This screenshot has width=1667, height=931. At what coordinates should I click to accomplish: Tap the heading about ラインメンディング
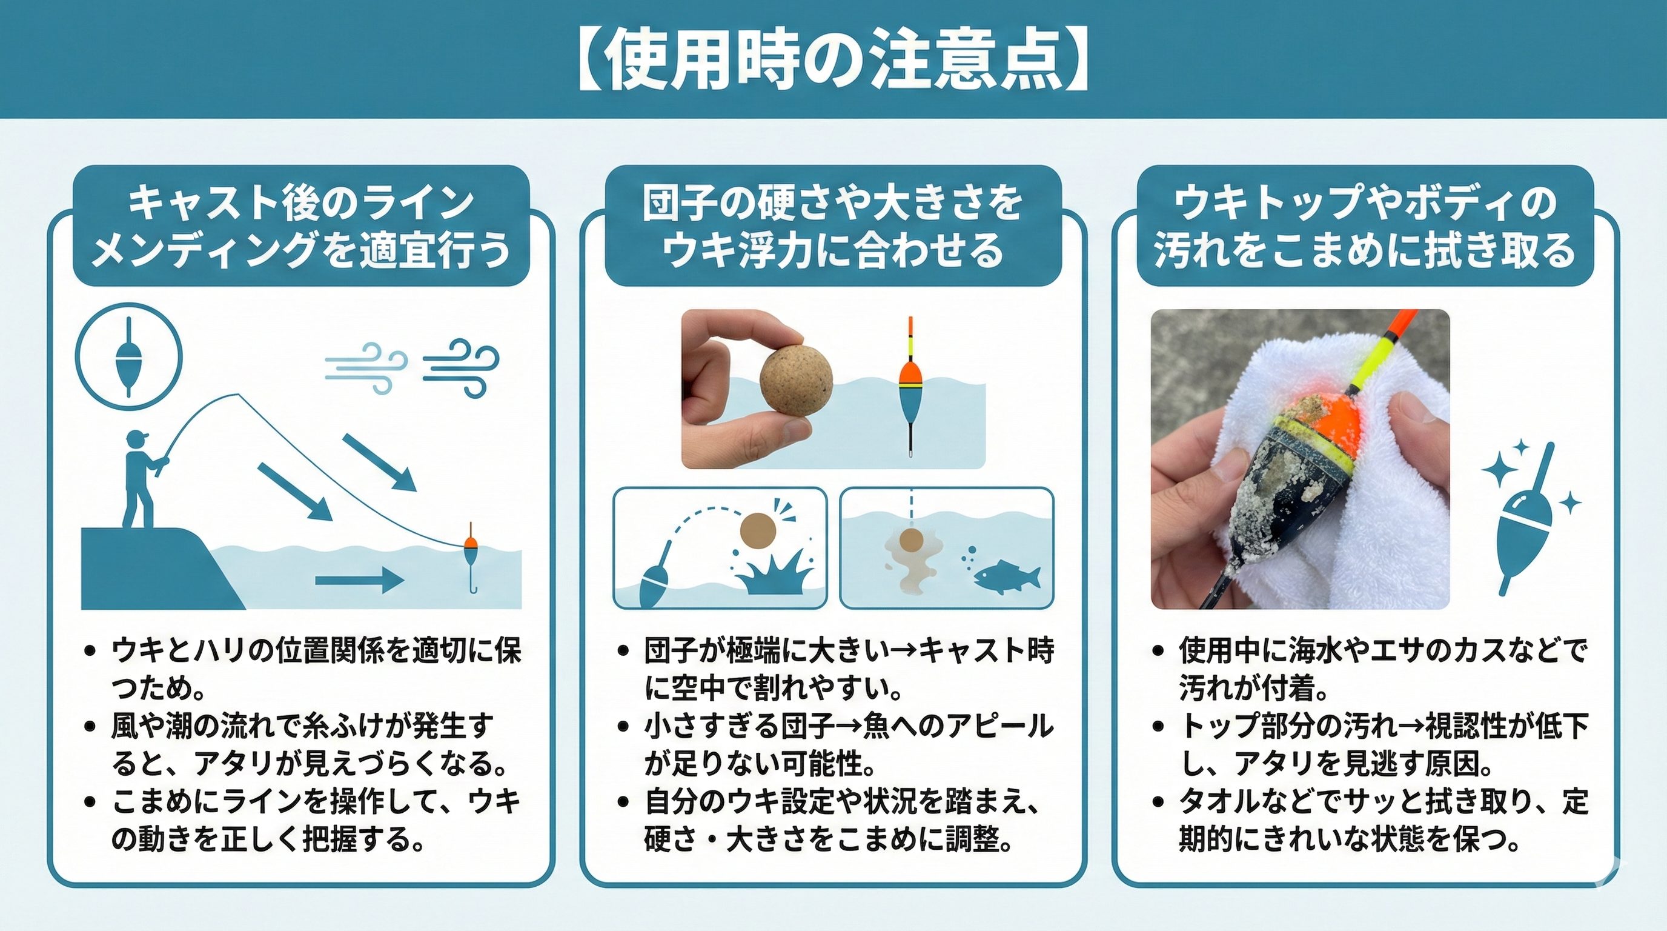(302, 226)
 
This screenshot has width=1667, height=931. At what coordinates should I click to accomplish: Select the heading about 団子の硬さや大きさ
(834, 226)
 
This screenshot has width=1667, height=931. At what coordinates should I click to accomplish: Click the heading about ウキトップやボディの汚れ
(1365, 226)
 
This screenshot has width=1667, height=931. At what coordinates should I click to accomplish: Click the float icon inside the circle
(129, 357)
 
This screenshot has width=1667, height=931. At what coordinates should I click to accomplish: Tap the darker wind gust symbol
(461, 367)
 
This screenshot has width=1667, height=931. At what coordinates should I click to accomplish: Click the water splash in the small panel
(774, 573)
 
